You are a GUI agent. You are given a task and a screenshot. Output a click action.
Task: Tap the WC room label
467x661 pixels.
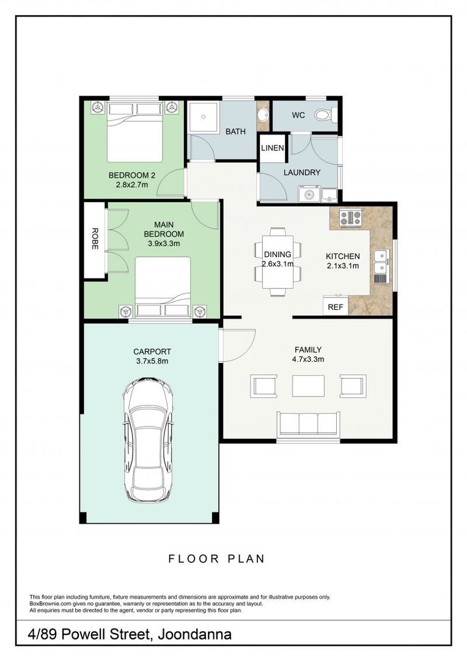[x=298, y=115]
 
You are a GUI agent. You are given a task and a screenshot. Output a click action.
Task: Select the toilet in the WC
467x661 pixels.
[x=325, y=114]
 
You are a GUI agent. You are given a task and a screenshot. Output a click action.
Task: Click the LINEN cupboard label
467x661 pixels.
[x=272, y=149]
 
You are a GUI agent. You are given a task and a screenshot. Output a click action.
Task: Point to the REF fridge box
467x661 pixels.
[x=335, y=307]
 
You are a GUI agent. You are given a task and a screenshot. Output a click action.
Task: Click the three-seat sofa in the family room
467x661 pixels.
[x=307, y=424]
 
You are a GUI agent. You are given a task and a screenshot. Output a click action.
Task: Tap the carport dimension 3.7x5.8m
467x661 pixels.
[x=152, y=361]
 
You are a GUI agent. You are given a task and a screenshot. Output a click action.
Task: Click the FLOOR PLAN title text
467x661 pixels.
[x=216, y=558]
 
